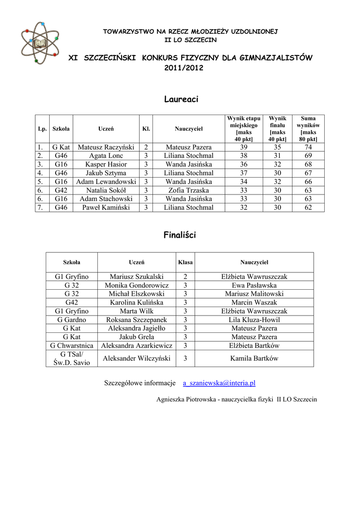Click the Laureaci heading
[x=181, y=100]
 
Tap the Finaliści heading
[x=180, y=235]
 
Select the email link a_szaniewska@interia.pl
[x=219, y=383]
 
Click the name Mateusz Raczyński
[x=106, y=147]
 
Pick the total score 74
[x=308, y=147]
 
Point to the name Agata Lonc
[x=106, y=156]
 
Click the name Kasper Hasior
[x=106, y=164]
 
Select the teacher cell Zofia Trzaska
[x=189, y=190]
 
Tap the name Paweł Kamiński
[x=106, y=207]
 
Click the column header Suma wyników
[x=308, y=129]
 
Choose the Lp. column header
[x=42, y=129]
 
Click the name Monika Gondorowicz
[x=137, y=285]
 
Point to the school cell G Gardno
[x=72, y=320]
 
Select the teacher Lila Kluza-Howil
[x=254, y=320]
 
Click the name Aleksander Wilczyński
[x=137, y=358]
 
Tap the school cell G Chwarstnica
[x=72, y=346]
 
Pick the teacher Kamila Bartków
[x=254, y=358]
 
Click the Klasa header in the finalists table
[x=185, y=262]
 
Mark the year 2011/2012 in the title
[x=184, y=68]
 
